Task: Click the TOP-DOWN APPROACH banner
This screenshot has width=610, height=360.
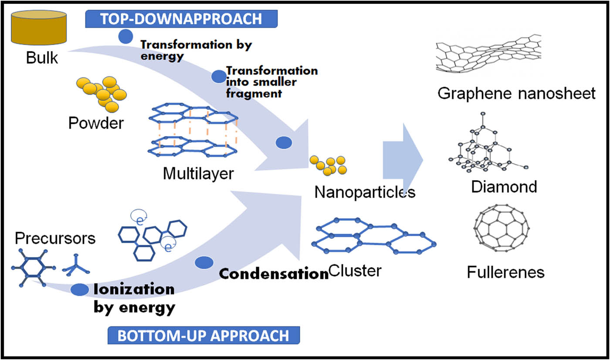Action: click(x=181, y=19)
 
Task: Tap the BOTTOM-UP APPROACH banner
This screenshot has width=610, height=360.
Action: click(x=203, y=336)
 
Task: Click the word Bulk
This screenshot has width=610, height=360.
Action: click(x=42, y=58)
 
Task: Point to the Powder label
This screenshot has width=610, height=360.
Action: click(x=96, y=123)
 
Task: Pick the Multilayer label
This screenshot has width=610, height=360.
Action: click(x=198, y=173)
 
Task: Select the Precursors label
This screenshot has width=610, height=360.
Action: click(x=55, y=238)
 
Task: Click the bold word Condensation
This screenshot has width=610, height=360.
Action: click(x=273, y=274)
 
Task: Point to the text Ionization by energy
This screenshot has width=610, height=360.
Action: click(x=134, y=299)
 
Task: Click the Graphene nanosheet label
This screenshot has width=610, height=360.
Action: click(x=516, y=93)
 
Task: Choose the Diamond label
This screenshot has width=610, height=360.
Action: click(x=504, y=187)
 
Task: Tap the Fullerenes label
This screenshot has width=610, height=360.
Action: click(x=505, y=272)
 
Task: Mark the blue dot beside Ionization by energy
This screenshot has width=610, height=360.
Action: click(x=79, y=290)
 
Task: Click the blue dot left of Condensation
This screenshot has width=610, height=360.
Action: click(x=204, y=263)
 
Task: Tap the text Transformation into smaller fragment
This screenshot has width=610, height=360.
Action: click(x=272, y=82)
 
